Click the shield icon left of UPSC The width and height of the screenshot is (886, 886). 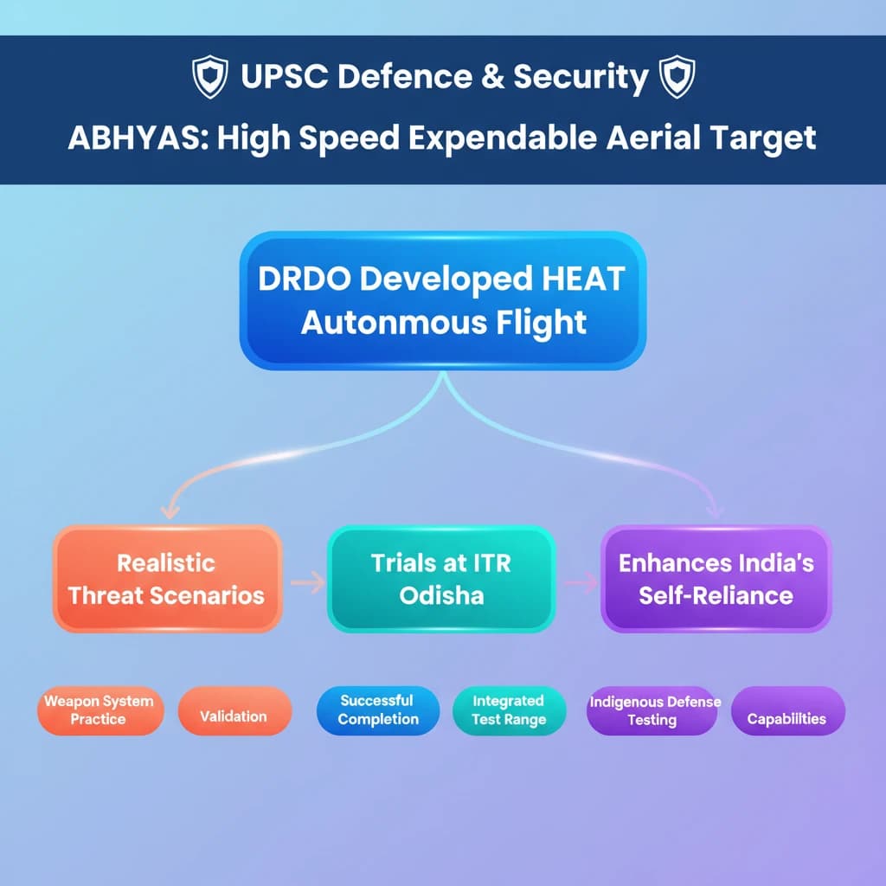209,78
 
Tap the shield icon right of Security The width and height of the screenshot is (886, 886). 677,78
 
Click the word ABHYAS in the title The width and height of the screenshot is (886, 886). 137,138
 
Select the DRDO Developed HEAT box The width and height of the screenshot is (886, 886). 442,300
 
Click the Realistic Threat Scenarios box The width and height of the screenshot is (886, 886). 167,579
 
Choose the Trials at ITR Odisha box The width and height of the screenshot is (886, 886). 441,579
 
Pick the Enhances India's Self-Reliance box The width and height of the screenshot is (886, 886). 716,579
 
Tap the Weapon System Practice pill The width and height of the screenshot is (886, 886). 97,710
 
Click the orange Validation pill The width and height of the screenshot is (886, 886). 234,716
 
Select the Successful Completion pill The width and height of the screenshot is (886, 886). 377,710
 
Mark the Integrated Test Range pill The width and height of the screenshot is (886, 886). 509,710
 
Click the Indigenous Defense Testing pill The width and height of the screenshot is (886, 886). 652,710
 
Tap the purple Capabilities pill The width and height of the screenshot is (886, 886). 786,718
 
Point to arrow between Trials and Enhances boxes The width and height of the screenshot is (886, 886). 580,584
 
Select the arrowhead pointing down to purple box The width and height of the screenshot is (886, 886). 715,510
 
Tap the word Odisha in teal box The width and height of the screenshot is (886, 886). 441,595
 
